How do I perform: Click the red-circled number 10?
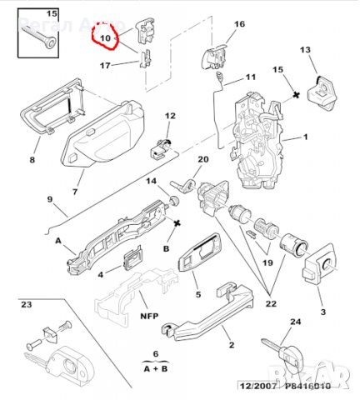(105, 38)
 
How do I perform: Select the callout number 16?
(239, 24)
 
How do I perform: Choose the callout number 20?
(202, 160)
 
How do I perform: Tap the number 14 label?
(152, 181)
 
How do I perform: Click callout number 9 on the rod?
(26, 199)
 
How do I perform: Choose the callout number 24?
(294, 321)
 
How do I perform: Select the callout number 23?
(26, 306)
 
